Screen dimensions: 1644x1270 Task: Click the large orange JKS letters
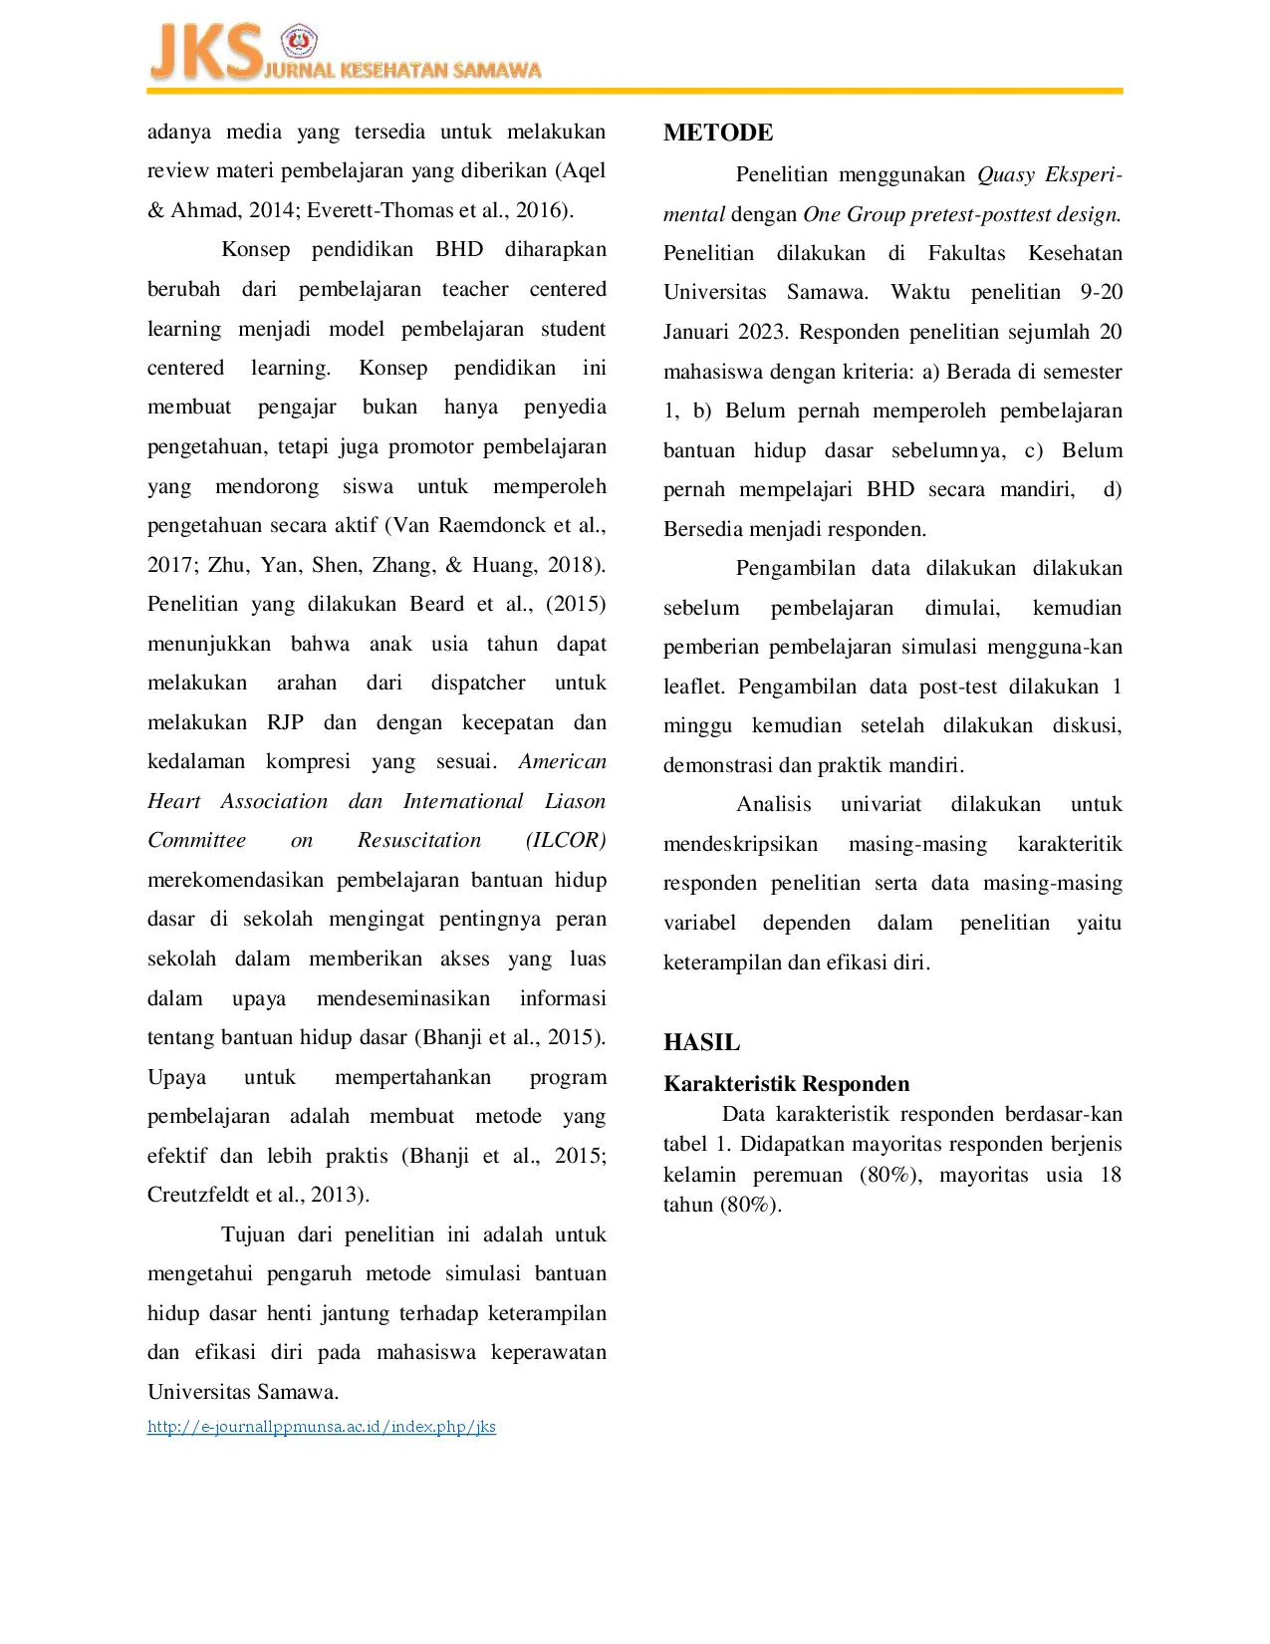(204, 53)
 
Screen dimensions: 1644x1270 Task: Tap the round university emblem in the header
(298, 42)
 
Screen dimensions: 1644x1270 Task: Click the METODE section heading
(717, 133)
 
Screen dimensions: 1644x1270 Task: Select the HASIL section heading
(701, 1042)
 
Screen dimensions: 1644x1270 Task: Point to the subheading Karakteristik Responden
(786, 1084)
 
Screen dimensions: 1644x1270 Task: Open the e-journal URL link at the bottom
(321, 1427)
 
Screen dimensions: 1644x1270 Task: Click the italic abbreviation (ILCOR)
(565, 840)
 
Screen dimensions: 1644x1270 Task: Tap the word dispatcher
(477, 683)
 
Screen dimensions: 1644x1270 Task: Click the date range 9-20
(1101, 292)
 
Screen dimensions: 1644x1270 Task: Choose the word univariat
(881, 804)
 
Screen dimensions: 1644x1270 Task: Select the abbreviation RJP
(285, 722)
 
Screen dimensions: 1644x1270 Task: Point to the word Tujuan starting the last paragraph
(253, 1234)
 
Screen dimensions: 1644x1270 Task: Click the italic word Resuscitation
(419, 840)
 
